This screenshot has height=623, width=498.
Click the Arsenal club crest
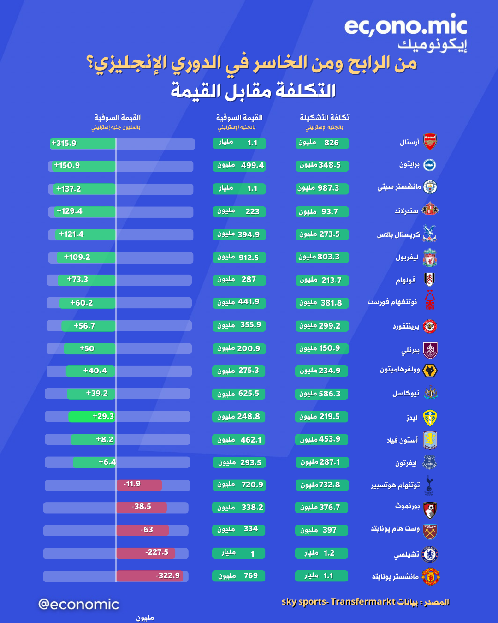[430, 142]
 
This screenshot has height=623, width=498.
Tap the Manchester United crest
[430, 576]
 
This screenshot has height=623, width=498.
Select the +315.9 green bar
[83, 144]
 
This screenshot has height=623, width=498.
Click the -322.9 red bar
[149, 576]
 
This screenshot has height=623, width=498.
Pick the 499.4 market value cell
[239, 166]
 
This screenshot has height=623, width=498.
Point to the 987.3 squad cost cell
[322, 188]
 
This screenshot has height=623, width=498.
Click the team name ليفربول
[407, 257]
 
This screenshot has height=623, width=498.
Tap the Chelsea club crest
[430, 554]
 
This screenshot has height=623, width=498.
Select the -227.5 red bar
[146, 553]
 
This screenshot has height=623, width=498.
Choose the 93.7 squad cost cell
[322, 212]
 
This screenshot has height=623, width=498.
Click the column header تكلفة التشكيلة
[324, 117]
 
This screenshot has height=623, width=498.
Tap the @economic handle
[79, 604]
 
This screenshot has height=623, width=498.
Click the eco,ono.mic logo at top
[406, 27]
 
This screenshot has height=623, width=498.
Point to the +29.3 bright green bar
[92, 417]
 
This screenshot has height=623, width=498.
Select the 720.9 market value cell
[239, 485]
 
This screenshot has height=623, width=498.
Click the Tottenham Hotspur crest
[429, 485]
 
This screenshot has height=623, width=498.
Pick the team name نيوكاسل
[406, 394]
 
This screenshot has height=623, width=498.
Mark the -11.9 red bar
[139, 485]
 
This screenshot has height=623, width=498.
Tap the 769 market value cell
[239, 576]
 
